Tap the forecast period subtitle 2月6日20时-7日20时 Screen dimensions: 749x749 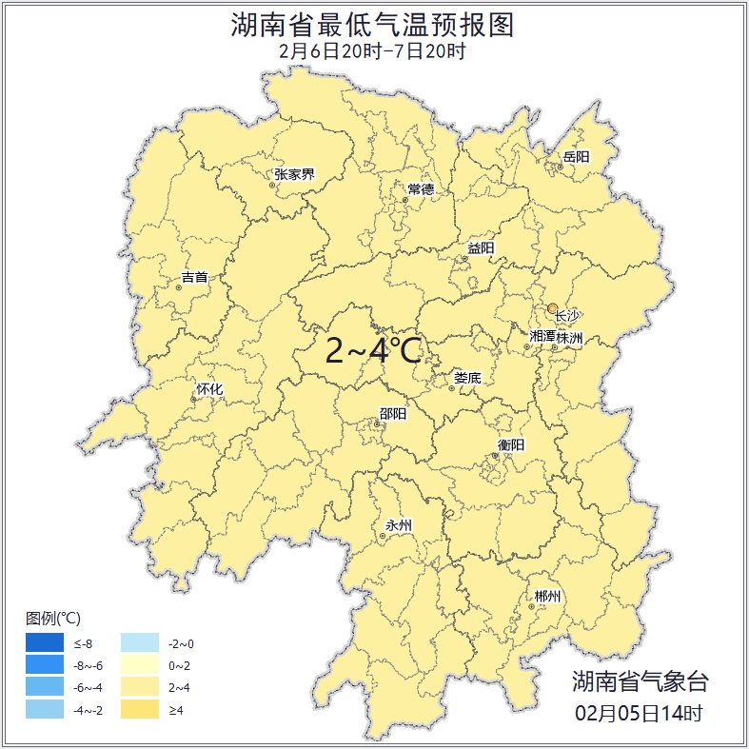[373, 50]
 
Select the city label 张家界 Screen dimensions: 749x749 [294, 174]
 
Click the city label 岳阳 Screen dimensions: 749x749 [576, 157]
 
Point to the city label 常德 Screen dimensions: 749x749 [421, 189]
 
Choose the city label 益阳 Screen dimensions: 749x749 [481, 248]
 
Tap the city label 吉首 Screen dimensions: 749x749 [194, 278]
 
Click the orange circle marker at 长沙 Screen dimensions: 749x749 [553, 308]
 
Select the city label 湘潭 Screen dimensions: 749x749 [542, 338]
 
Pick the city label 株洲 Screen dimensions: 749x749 [570, 338]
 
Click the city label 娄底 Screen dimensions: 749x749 [467, 378]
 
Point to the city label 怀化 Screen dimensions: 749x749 [208, 389]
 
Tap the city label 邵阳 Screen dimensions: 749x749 [393, 413]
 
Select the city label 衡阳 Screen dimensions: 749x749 [511, 445]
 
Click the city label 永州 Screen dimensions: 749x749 [399, 525]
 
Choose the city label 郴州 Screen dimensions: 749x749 [547, 597]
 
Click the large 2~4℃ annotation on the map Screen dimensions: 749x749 [373, 351]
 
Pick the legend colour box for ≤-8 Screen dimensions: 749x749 [44, 644]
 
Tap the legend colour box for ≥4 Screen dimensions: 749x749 [139, 710]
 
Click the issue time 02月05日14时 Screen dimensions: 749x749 [639, 712]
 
